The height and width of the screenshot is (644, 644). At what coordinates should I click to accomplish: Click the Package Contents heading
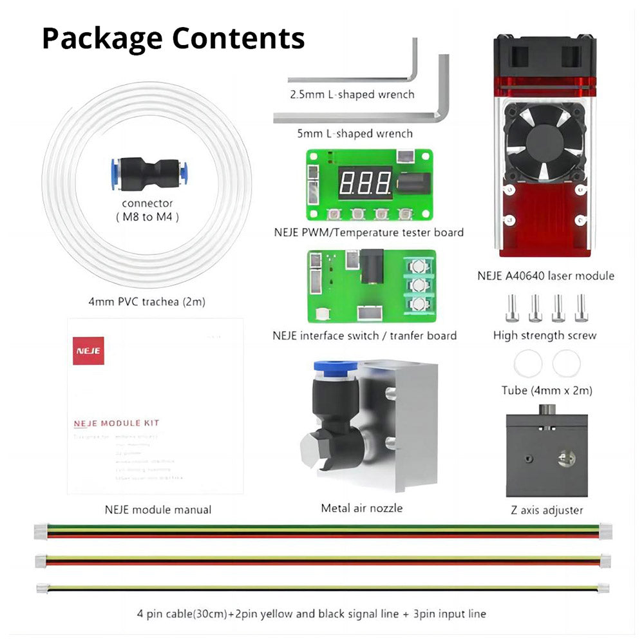[173, 39]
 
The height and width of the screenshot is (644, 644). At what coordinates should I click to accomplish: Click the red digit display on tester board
[365, 184]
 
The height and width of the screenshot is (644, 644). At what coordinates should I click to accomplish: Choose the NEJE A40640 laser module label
[545, 276]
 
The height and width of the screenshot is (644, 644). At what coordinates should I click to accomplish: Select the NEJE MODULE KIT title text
[117, 423]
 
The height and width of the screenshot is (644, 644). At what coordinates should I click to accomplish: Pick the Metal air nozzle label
[361, 508]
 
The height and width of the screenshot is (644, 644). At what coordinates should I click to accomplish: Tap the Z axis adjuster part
[547, 455]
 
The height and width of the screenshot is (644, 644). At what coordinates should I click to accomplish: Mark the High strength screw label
[545, 336]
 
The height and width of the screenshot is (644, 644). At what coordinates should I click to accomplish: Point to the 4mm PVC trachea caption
[147, 301]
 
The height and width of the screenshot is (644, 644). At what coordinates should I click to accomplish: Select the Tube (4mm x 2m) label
[547, 390]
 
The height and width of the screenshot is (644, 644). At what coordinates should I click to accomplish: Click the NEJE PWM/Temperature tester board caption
[368, 232]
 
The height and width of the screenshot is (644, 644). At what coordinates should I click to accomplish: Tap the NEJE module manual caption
[158, 509]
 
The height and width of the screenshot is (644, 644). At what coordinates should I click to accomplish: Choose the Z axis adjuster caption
[546, 511]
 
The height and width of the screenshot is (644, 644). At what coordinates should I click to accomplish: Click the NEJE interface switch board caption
[365, 336]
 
